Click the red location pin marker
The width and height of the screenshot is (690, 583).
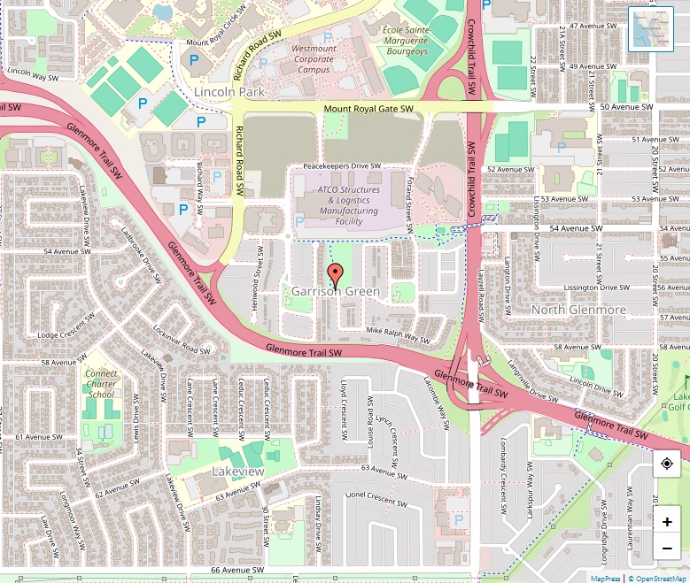[x=335, y=274]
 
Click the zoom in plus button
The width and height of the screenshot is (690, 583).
[x=666, y=522]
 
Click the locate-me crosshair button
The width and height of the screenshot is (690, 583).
[x=666, y=464]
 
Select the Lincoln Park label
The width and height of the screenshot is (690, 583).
[x=229, y=92]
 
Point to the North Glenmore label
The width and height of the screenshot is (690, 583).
[x=578, y=310]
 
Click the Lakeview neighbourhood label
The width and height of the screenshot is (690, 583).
[x=237, y=472]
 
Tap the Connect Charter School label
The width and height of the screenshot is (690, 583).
[x=101, y=384]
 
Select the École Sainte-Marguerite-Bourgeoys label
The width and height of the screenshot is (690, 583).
[x=405, y=41]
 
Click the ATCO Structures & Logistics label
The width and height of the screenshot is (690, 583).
[x=348, y=205]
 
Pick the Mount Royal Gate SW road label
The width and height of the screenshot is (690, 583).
[x=368, y=109]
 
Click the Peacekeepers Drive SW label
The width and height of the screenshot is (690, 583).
[x=342, y=165]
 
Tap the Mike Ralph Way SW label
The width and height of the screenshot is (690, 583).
[x=398, y=334]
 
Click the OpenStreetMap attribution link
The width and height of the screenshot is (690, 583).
[x=658, y=578]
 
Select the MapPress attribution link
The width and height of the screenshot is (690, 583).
[x=605, y=578]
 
